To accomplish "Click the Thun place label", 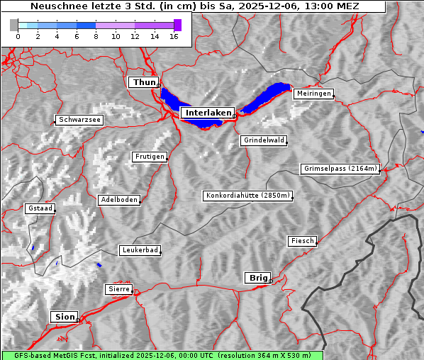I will click(x=144, y=83).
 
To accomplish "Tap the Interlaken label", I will click(x=207, y=113).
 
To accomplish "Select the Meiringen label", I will click(x=313, y=94).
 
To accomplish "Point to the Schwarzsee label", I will click(x=79, y=120).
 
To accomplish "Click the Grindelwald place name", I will click(x=264, y=140).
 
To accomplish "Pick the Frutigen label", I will click(x=149, y=157).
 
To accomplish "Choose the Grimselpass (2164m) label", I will click(x=340, y=169).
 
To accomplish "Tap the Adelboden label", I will click(x=118, y=200).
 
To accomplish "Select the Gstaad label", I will click(x=40, y=209).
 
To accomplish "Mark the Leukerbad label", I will click(x=139, y=250).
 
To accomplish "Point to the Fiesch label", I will click(x=302, y=241).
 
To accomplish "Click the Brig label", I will click(x=257, y=278).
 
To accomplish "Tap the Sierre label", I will click(x=118, y=289).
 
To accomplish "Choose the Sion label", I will click(x=63, y=317).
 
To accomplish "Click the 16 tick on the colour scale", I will click(x=174, y=37).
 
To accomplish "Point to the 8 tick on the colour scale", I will click(x=96, y=37).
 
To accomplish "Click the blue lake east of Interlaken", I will click(x=268, y=96).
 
